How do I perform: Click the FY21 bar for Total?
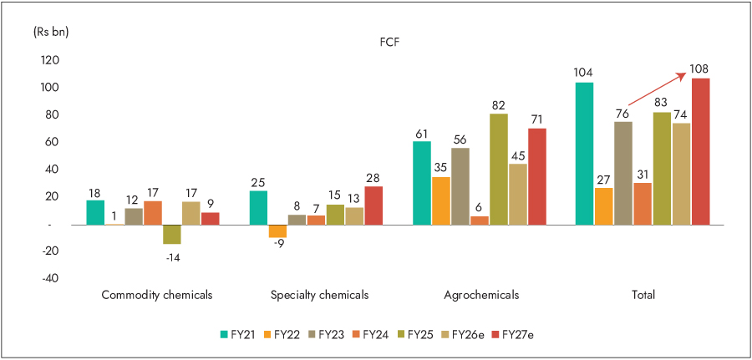coord(585,153)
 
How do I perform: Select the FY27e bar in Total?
coord(700,151)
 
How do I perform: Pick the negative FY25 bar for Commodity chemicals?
coord(172,234)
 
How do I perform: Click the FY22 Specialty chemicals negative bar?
coord(277,231)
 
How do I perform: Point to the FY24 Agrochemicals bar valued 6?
coord(480,221)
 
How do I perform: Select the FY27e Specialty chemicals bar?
coord(373,205)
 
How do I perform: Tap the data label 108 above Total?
coord(699,68)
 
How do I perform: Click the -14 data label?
coord(172,257)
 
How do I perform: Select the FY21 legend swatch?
coord(225,335)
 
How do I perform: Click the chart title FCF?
coord(389,41)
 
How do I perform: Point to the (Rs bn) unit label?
coord(51,32)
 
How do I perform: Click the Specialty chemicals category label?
coord(320,295)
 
